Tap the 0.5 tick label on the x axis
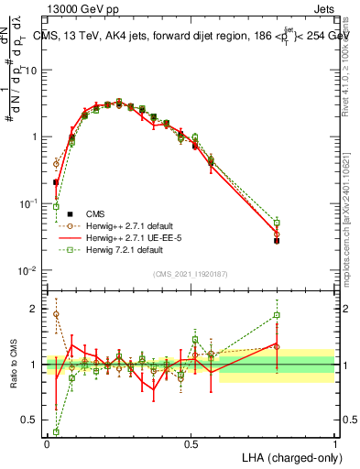tap(191, 443)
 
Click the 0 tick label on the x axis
tap(47, 443)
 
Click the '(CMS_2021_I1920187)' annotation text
tap(191, 273)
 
